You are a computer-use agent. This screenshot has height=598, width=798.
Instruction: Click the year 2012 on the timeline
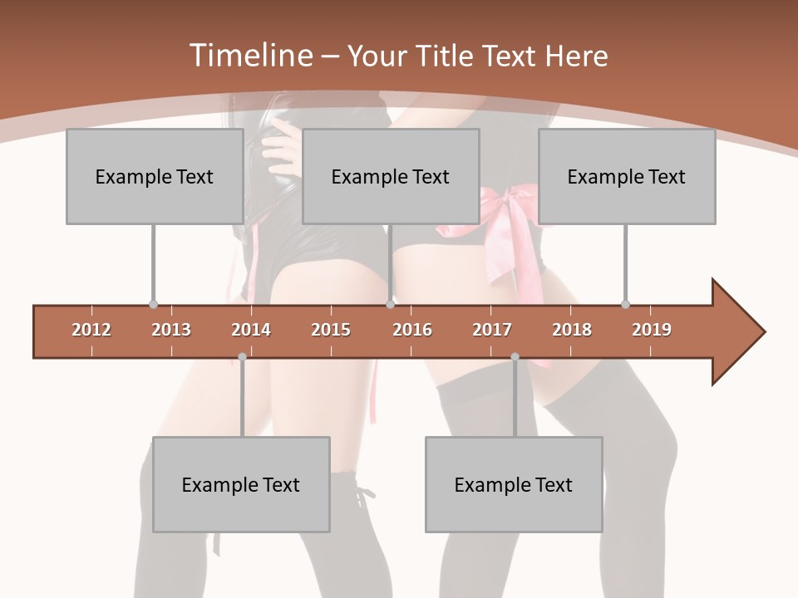[x=91, y=330]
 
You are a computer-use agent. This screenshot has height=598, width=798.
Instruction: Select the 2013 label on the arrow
[x=171, y=330]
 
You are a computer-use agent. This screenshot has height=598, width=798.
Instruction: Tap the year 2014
[x=251, y=330]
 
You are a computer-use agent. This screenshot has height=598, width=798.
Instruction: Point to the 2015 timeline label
[x=331, y=330]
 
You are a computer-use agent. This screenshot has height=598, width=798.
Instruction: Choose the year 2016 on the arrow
[x=412, y=330]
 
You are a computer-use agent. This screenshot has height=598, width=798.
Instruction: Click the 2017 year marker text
[x=492, y=330]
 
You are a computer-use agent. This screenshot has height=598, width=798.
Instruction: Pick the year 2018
[x=572, y=330]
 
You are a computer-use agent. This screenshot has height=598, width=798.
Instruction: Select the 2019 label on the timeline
[x=652, y=330]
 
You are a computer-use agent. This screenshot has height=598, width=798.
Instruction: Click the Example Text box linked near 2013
[x=155, y=176]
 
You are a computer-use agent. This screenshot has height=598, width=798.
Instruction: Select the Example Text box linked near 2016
[x=391, y=176]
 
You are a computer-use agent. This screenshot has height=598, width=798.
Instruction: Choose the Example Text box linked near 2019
[x=627, y=176]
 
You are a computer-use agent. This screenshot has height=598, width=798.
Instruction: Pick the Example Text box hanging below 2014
[x=241, y=484]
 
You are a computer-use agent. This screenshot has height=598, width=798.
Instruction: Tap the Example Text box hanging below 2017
[x=514, y=484]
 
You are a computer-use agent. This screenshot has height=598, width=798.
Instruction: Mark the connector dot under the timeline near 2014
[x=242, y=357]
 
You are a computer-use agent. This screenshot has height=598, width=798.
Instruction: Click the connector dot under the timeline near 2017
[x=515, y=357]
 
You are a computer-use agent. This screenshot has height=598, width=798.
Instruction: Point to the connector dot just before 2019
[x=625, y=304]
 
